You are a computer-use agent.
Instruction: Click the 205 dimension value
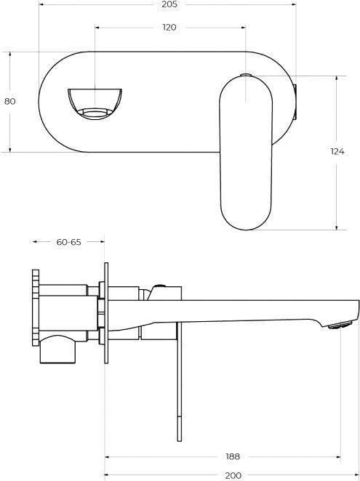click(x=169, y=4)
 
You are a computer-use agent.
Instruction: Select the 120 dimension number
click(x=169, y=28)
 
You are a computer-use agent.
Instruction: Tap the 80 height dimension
click(x=10, y=101)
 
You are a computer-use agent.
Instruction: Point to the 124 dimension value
click(x=337, y=151)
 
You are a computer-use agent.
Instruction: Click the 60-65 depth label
click(x=68, y=242)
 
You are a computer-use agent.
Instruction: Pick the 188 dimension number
click(x=233, y=457)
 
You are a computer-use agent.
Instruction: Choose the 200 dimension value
click(x=233, y=476)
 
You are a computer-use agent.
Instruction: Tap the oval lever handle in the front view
click(x=246, y=153)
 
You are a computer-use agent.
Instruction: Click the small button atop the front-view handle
click(x=245, y=75)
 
